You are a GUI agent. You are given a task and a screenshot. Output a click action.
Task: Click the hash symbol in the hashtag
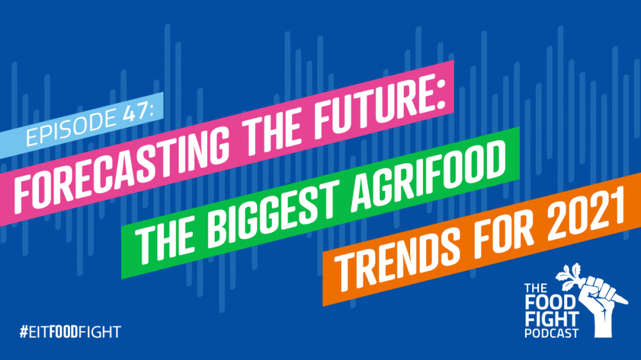(x=24, y=332)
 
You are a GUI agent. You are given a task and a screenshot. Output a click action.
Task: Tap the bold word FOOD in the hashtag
(x=63, y=332)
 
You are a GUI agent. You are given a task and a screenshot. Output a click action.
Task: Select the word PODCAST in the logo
(x=551, y=333)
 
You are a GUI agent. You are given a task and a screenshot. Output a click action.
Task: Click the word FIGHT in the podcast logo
(x=552, y=319)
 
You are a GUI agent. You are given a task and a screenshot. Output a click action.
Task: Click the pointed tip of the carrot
(x=626, y=302)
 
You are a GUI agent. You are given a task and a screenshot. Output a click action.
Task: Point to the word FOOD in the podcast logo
(x=550, y=303)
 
